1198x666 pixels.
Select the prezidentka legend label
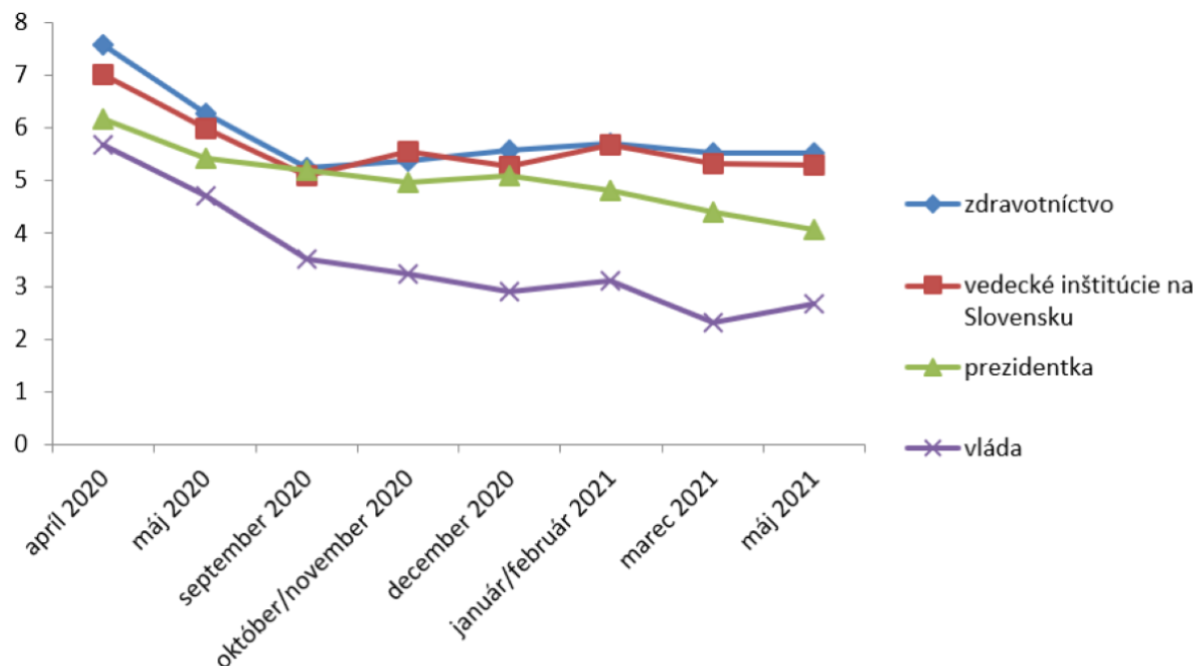click(1028, 366)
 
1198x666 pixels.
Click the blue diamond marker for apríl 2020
click(103, 44)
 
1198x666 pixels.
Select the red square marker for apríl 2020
click(103, 75)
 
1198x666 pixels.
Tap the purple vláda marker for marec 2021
click(712, 323)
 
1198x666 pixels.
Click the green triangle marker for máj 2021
click(814, 230)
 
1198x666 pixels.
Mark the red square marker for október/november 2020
click(407, 152)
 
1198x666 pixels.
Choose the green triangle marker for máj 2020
click(205, 158)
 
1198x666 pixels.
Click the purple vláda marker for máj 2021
click(814, 304)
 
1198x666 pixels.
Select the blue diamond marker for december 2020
click(509, 151)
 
